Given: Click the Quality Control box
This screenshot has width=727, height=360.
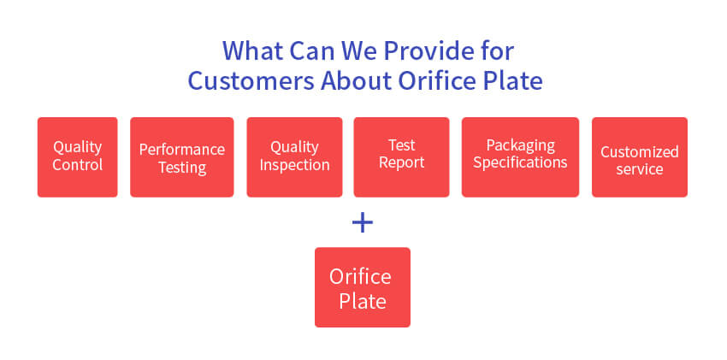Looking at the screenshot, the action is click(x=78, y=157).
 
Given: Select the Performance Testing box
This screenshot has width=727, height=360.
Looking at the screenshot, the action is click(x=181, y=157).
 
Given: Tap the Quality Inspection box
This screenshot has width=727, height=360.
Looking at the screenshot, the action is click(x=294, y=157).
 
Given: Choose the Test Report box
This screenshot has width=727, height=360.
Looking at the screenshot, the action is click(x=401, y=157).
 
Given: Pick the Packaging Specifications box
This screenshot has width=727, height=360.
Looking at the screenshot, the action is click(x=520, y=157).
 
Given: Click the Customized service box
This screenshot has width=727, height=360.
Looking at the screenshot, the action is click(x=640, y=157).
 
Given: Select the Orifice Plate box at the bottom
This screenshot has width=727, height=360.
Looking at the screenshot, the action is click(x=363, y=287).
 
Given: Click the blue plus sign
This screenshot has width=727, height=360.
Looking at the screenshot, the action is click(x=363, y=223).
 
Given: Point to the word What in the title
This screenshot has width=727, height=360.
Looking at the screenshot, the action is click(x=253, y=50).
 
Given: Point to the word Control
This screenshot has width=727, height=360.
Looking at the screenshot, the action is click(x=78, y=165).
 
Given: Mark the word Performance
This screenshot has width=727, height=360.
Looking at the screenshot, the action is click(x=181, y=149).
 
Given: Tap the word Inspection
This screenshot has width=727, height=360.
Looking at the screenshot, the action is click(x=294, y=165).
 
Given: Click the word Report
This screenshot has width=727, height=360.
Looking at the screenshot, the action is click(x=401, y=162).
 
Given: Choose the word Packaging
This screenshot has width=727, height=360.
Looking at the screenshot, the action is click(x=520, y=146).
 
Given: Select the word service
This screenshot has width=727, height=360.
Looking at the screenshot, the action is click(x=640, y=169).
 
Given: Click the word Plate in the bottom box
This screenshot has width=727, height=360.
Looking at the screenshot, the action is click(x=363, y=301).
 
